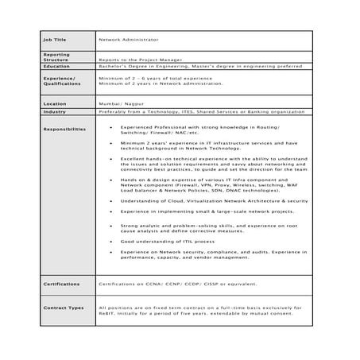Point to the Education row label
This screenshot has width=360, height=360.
57,68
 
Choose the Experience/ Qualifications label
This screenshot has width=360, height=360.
59,82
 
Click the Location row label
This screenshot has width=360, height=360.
56,103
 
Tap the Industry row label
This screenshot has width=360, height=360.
56,112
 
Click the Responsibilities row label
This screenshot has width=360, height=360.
64,129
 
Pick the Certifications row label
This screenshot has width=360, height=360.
62,282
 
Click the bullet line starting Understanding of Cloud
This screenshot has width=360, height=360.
214,202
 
